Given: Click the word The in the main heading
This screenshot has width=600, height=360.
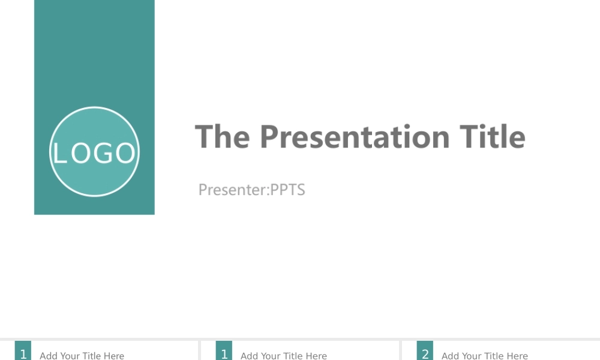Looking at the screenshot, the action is (223, 137).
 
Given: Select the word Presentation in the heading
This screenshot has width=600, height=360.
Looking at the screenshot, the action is (355, 137).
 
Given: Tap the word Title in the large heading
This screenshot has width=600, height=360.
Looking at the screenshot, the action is (493, 137).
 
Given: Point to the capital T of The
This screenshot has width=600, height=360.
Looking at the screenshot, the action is (205, 137).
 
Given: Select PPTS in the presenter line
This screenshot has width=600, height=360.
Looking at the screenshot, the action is (287, 190).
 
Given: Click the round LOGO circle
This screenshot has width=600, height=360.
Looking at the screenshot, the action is (95, 151).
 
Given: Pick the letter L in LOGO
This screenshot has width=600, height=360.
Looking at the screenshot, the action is (59, 153).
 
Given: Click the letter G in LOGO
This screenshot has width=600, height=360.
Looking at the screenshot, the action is (103, 153).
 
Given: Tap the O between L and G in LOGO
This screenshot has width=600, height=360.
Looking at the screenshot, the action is (81, 153).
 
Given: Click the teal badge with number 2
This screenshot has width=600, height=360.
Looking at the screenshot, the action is (425, 351).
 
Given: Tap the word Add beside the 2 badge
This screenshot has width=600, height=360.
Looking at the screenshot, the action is (449, 356).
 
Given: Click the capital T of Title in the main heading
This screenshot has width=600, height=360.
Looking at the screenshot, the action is (469, 137).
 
